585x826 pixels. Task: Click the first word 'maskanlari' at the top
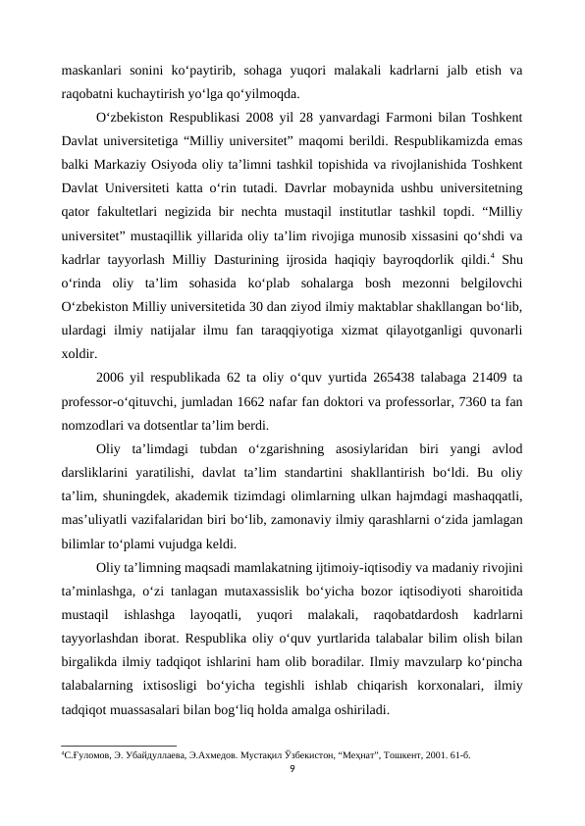[89, 70]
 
